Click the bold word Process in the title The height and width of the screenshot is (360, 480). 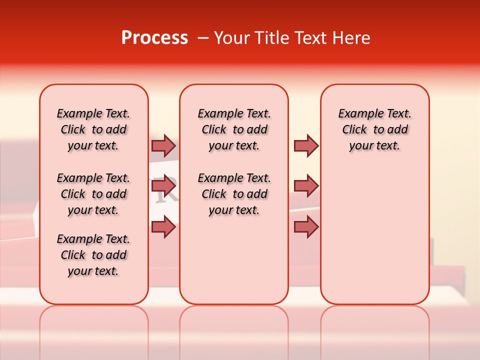coord(154,38)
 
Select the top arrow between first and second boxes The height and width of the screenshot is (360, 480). coord(163,146)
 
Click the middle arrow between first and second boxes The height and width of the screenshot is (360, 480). coord(163,186)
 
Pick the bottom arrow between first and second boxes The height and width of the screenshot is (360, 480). coord(163,227)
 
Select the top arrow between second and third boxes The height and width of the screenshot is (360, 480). coord(306,146)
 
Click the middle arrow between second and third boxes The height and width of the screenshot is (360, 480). coord(306,186)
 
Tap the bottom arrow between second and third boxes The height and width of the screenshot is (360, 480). coord(306,227)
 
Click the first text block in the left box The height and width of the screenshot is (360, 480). coord(93,129)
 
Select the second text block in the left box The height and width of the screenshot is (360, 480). coord(93,194)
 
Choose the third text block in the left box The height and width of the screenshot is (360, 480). coord(93,255)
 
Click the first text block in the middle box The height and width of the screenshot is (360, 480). coord(234,129)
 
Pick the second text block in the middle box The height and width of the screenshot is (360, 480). coord(234,194)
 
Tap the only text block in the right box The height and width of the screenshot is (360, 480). coord(374,129)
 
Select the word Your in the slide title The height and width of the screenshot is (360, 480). coord(230,38)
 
